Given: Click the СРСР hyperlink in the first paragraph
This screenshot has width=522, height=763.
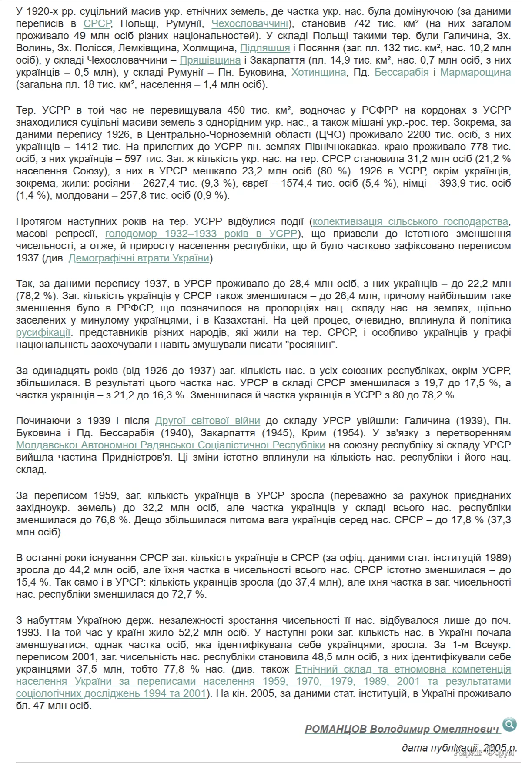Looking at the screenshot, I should click(x=97, y=23).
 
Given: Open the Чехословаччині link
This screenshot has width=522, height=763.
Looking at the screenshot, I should click(x=250, y=23).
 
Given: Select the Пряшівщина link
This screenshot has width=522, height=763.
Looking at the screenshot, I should click(x=210, y=60).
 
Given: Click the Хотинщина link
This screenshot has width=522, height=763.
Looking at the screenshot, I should click(x=318, y=72).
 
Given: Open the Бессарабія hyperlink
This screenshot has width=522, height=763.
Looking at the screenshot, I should click(x=402, y=72).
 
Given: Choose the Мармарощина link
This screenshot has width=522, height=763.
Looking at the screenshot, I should click(x=475, y=72).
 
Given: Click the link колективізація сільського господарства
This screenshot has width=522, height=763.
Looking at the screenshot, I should click(x=410, y=221).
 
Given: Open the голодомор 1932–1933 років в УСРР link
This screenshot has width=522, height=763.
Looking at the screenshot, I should click(x=201, y=234).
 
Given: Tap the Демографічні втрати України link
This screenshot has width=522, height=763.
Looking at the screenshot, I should click(x=139, y=258).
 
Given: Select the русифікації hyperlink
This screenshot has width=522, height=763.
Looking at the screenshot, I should click(x=43, y=333).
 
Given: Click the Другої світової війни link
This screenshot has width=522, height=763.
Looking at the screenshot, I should click(x=207, y=421).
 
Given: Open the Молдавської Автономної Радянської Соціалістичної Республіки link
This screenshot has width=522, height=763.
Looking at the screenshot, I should click(x=171, y=445).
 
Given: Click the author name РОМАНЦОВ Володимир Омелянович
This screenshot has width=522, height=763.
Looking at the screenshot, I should click(x=402, y=729).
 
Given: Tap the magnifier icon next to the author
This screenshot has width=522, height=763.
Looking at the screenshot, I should click(x=509, y=724).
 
